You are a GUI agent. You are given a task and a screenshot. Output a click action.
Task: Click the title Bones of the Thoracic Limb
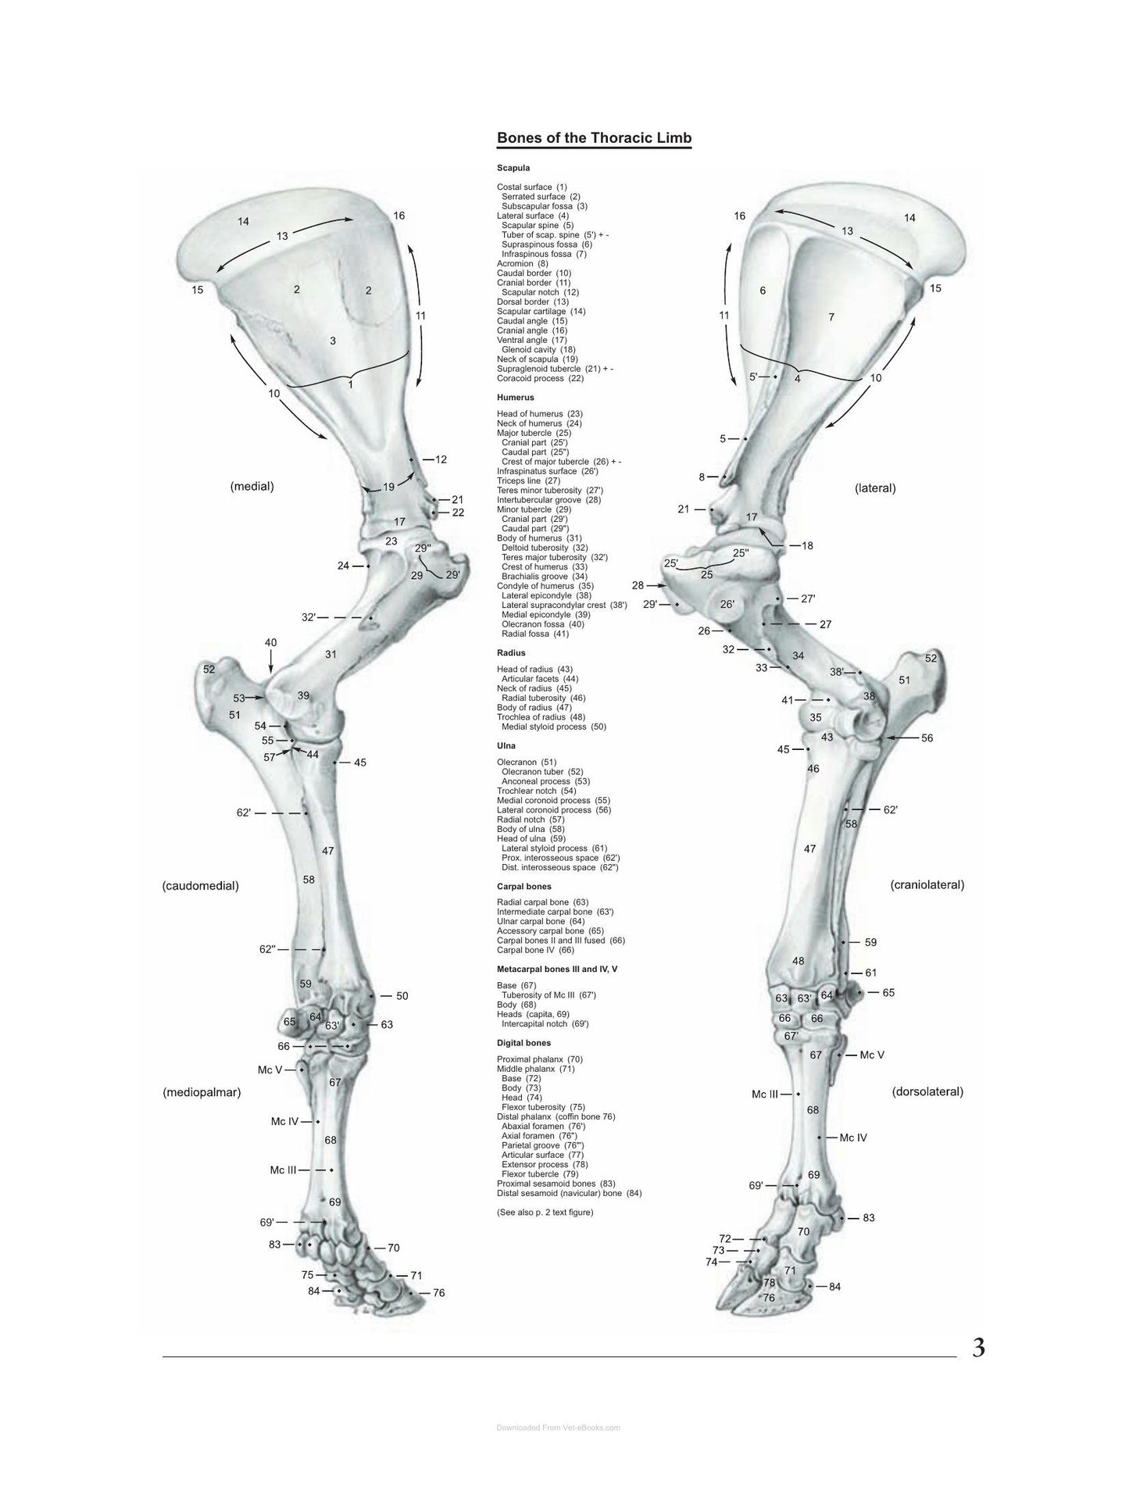(x=594, y=138)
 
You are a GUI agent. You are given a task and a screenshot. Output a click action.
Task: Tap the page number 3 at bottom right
(x=978, y=1348)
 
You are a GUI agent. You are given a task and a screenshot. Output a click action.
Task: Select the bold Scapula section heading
(x=513, y=168)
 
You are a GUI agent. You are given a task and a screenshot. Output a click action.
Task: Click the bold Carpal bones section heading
(x=524, y=887)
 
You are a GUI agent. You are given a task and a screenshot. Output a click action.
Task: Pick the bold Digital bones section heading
(x=523, y=1043)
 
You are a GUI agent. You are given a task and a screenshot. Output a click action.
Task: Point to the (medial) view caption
(x=252, y=486)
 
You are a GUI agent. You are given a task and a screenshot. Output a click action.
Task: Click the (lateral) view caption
(x=875, y=488)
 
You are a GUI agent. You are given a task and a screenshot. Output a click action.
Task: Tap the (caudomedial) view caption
(x=201, y=886)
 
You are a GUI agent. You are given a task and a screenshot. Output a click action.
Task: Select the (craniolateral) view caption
(x=927, y=885)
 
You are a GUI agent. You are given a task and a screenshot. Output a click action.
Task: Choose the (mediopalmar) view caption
(x=202, y=1093)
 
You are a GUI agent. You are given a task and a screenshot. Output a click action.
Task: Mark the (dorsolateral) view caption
(x=927, y=1092)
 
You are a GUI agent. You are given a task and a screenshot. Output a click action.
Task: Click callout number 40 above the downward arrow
(x=270, y=643)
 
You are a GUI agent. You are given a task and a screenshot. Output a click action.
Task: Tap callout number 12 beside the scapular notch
(x=441, y=459)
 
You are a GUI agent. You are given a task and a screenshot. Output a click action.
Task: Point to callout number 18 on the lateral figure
(x=807, y=545)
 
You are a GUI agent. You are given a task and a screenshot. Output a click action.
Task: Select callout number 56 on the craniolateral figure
(x=927, y=737)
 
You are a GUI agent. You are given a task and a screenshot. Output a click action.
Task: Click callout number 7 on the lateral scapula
(x=831, y=317)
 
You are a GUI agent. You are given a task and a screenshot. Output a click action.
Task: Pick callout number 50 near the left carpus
(x=402, y=996)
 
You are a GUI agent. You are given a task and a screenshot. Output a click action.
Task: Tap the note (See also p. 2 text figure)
(x=545, y=1212)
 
